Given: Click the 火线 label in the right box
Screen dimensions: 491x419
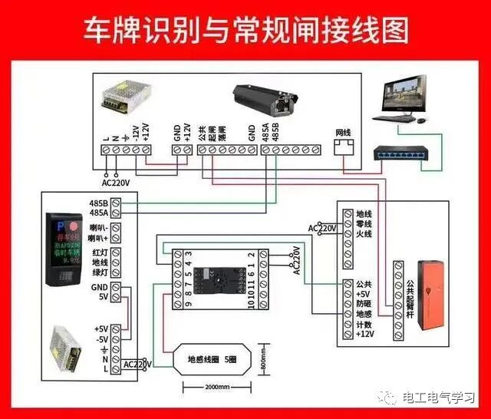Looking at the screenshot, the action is (x=364, y=234).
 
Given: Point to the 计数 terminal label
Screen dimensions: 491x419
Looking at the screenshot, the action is (x=364, y=324).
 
